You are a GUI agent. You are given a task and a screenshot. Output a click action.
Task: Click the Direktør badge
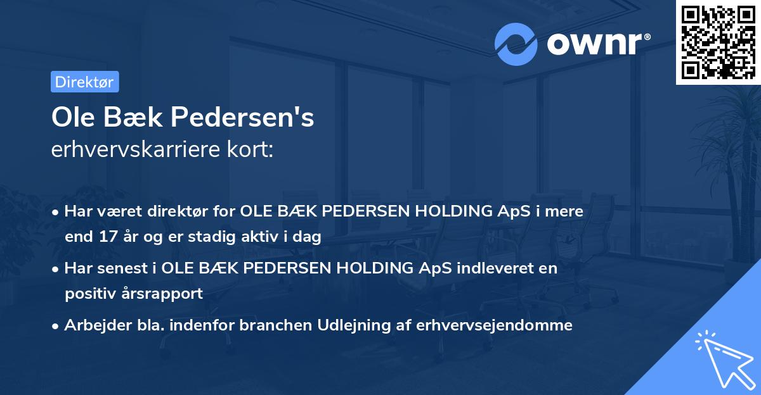tap(84, 82)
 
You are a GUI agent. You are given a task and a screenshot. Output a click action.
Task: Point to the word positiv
tap(90, 294)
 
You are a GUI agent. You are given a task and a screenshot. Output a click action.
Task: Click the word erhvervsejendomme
tap(495, 325)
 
